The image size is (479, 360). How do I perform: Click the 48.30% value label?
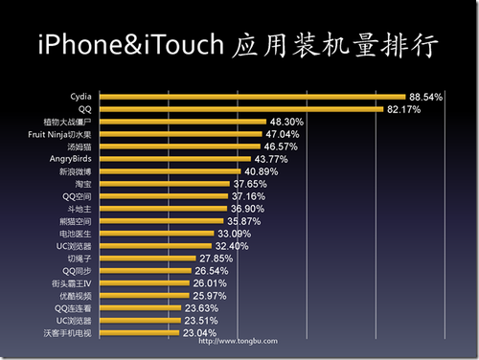pyautogui.click(x=286, y=123)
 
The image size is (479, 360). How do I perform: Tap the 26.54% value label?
pyautogui.click(x=216, y=271)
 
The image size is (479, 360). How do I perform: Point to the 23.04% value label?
pyautogui.click(x=201, y=332)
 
